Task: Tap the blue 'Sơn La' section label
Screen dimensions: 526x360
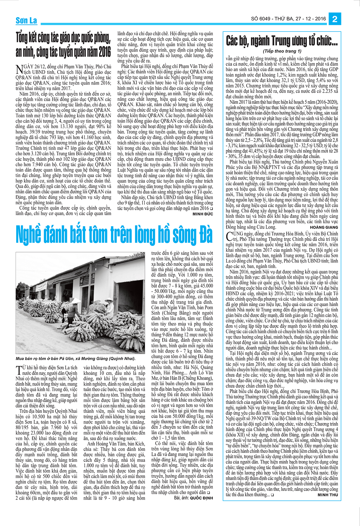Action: pyautogui.click(x=26, y=20)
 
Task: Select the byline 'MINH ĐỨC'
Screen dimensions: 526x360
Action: pyautogui.click(x=203, y=214)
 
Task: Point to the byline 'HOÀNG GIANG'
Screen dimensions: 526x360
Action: pyautogui.click(x=324, y=227)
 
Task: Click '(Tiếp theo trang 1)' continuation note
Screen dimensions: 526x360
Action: pyautogui.click(x=282, y=51)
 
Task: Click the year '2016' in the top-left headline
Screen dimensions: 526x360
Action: pyautogui.click(x=105, y=53)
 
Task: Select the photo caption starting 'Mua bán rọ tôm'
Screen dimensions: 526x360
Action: pyautogui.click(x=76, y=359)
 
